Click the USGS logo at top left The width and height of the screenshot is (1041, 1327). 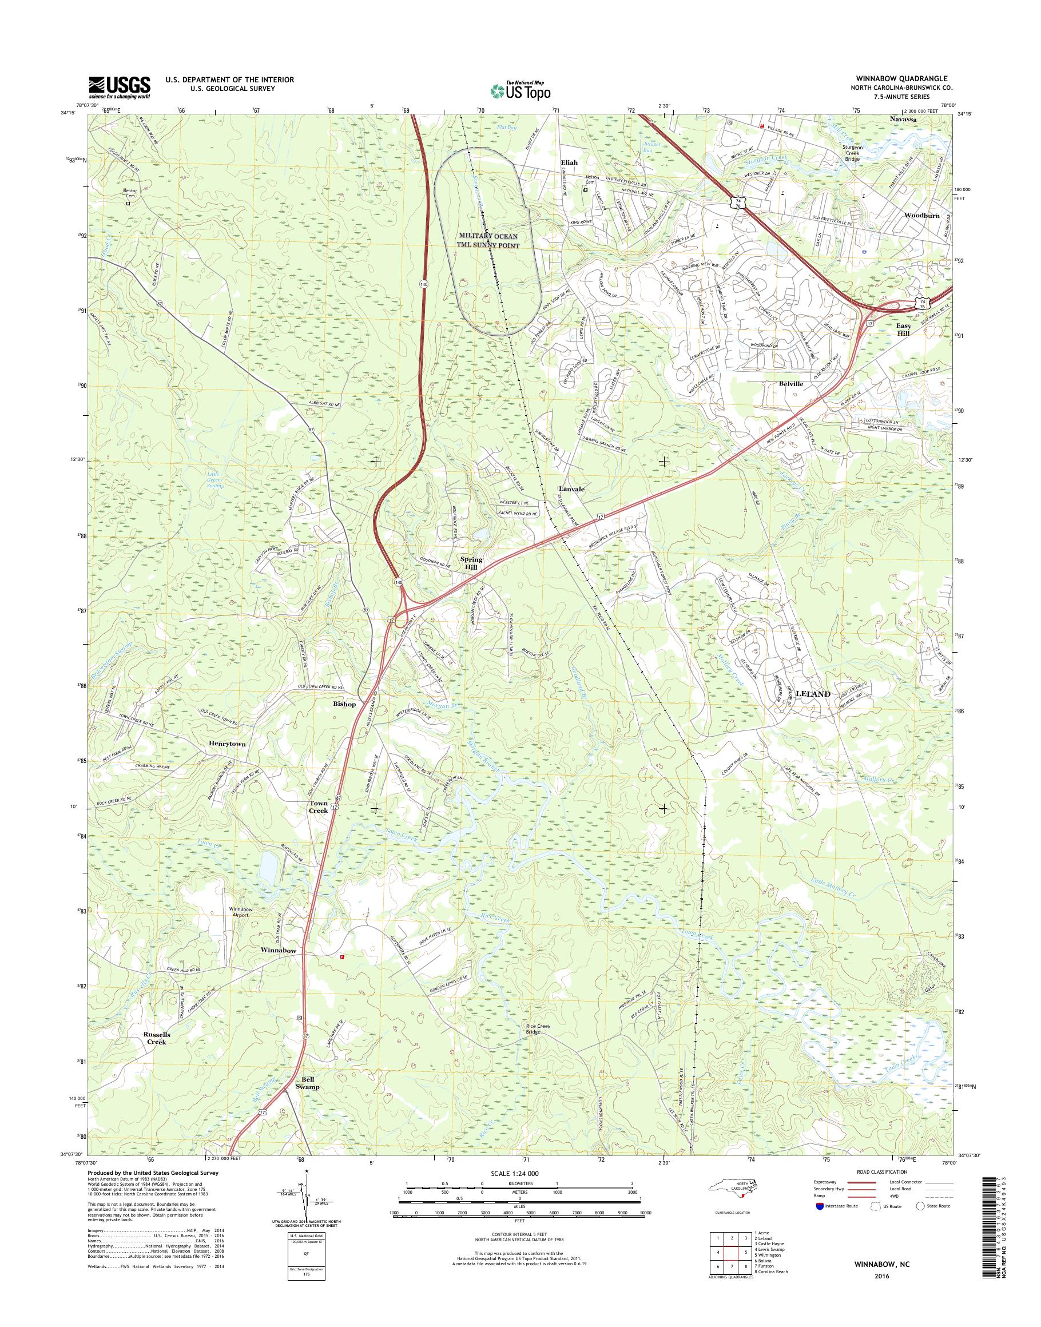coord(120,86)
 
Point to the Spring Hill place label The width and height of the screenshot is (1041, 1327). coord(471,563)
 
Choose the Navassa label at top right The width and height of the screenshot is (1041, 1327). coord(903,120)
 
